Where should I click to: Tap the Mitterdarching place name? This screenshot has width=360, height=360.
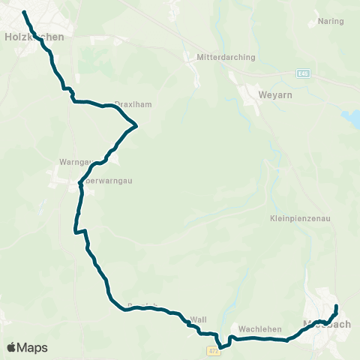click(226, 57)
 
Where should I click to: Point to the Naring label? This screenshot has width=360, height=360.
click(331, 22)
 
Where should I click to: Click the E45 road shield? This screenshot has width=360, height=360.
click(301, 73)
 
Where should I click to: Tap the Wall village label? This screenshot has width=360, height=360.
click(199, 319)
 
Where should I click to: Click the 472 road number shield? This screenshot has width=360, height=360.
click(213, 349)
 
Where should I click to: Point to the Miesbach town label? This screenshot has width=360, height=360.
click(325, 325)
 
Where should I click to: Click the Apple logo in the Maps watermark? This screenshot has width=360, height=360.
click(12, 347)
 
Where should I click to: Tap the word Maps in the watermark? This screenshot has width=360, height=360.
click(33, 347)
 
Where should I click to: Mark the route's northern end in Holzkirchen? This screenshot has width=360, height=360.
click(24, 13)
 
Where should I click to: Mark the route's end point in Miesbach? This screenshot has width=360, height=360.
click(336, 306)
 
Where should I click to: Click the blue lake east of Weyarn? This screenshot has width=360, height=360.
click(351, 118)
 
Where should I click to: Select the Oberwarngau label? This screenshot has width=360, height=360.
click(97, 181)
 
